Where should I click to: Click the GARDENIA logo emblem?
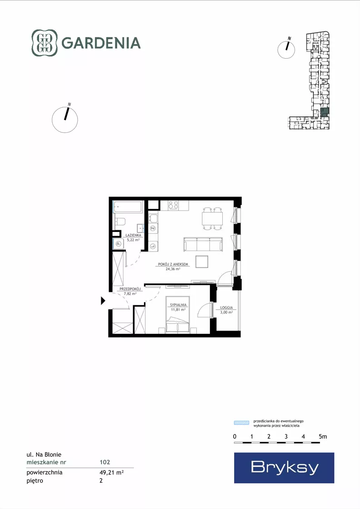[x=45, y=43]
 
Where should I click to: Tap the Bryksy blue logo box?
[x=284, y=468]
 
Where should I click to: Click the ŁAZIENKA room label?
[x=133, y=235]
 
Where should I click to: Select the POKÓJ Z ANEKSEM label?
[x=173, y=264]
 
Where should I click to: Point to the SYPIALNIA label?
[x=178, y=305]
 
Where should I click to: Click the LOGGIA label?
[x=226, y=307]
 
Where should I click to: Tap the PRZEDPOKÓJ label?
[x=130, y=289]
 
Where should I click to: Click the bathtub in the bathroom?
[x=128, y=207]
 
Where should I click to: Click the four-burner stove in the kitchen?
[x=173, y=205]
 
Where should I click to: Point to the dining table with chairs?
[x=212, y=218]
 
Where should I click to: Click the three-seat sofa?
[x=203, y=244]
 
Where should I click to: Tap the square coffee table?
[x=202, y=261]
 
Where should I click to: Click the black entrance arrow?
[x=103, y=301]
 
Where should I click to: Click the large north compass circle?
[x=65, y=120]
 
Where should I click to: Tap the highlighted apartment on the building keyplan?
[x=325, y=113]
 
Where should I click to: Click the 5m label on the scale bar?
[x=323, y=437]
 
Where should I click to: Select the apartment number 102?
[x=105, y=462]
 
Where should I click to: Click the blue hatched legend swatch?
[x=242, y=423]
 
